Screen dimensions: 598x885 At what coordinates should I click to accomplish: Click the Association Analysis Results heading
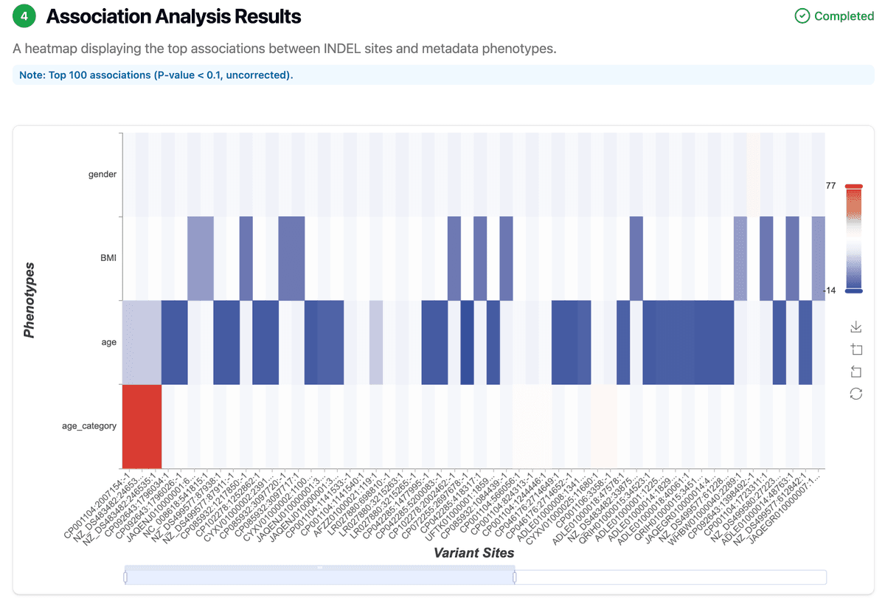pyautogui.click(x=173, y=16)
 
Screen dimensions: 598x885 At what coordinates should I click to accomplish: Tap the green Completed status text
pyautogui.click(x=844, y=16)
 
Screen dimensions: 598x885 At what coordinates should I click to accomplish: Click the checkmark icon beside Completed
pyautogui.click(x=802, y=16)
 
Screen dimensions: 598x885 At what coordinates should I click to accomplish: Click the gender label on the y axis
pyautogui.click(x=103, y=175)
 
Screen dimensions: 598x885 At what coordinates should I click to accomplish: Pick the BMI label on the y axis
pyautogui.click(x=108, y=259)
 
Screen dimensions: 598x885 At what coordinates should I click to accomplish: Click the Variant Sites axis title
pyautogui.click(x=473, y=552)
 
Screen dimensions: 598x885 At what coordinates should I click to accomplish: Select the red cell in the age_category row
pyautogui.click(x=142, y=426)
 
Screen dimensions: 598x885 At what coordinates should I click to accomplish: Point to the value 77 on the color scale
pyautogui.click(x=830, y=186)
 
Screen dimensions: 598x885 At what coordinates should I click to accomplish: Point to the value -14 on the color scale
pyautogui.click(x=829, y=291)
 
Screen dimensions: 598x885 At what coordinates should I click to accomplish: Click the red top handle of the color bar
pyautogui.click(x=853, y=187)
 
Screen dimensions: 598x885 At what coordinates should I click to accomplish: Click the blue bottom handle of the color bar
pyautogui.click(x=853, y=291)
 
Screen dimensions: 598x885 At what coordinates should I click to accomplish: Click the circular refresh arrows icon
pyautogui.click(x=856, y=394)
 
